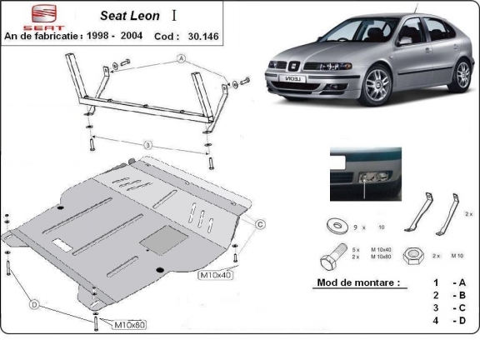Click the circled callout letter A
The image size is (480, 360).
tap(181, 59)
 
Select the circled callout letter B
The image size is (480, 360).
tap(147, 145)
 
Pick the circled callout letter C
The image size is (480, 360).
tap(259, 224)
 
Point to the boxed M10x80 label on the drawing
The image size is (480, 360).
tap(128, 323)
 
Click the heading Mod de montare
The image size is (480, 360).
tap(358, 282)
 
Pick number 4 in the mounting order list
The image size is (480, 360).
tap(435, 320)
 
